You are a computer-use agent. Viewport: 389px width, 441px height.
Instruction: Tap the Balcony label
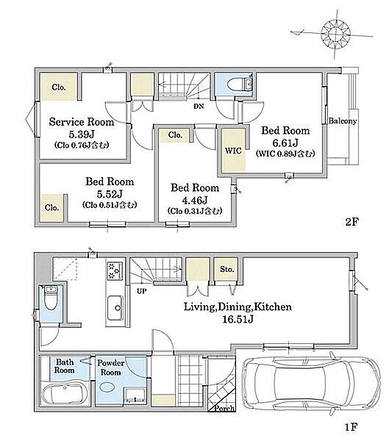click(x=343, y=121)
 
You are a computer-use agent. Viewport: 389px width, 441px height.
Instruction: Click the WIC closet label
click(x=233, y=151)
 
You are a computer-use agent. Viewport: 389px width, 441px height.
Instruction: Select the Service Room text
click(x=82, y=122)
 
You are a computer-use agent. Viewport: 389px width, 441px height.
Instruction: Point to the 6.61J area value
click(x=285, y=143)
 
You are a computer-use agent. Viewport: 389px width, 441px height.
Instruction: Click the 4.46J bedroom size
click(x=195, y=200)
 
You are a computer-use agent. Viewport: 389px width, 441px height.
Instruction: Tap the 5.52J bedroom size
click(x=110, y=194)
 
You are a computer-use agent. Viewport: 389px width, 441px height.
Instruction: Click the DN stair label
click(x=199, y=107)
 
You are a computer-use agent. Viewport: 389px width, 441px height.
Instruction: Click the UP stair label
click(x=142, y=291)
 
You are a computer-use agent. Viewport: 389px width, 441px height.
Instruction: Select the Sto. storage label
click(x=227, y=269)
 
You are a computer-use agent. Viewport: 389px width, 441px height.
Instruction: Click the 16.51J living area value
click(x=238, y=319)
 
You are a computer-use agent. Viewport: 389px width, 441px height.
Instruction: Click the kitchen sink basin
click(x=115, y=308)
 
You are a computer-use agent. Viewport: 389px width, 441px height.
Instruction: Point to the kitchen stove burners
click(x=115, y=270)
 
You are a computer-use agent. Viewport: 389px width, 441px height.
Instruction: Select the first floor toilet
click(x=51, y=298)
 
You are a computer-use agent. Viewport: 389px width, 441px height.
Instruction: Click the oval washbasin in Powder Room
click(x=107, y=387)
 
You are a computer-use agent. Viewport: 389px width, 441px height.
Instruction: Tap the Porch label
click(x=224, y=408)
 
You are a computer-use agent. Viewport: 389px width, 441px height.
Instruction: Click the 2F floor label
click(x=351, y=222)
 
